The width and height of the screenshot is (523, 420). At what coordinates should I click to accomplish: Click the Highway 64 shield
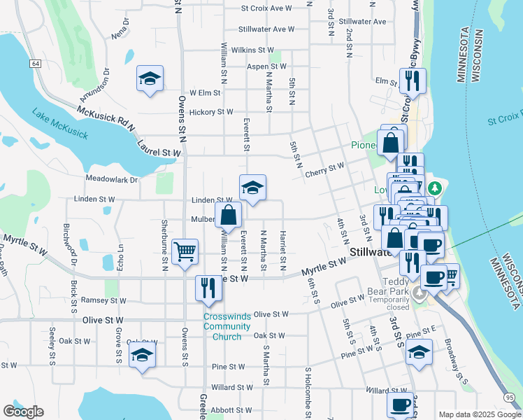pyautogui.click(x=34, y=64)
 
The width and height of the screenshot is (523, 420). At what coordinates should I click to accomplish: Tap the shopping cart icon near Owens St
pyautogui.click(x=185, y=251)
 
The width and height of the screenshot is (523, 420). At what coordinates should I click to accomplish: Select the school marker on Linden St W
pyautogui.click(x=252, y=187)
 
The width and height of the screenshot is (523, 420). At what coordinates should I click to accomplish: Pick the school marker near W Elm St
pyautogui.click(x=150, y=78)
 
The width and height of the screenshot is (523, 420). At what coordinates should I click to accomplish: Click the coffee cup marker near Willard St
pyautogui.click(x=401, y=402)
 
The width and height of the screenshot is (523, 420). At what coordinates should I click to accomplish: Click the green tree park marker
pyautogui.click(x=434, y=188)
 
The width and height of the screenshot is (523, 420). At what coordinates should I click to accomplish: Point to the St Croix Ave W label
pyautogui.click(x=266, y=8)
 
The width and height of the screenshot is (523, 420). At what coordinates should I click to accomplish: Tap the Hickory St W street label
pyautogui.click(x=210, y=111)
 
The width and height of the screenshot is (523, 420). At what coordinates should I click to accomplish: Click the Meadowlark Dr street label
pyautogui.click(x=112, y=179)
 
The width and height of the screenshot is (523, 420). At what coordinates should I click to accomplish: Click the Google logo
pyautogui.click(x=23, y=412)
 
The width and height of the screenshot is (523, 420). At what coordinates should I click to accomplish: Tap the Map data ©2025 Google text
pyautogui.click(x=479, y=414)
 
